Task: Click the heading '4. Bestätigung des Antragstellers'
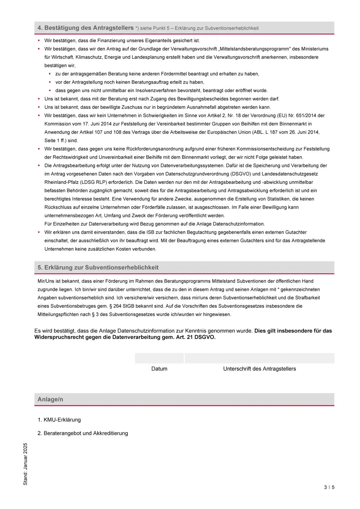[85, 28]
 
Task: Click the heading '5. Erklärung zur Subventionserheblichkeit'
[98, 267]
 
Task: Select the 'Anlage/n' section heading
[50, 399]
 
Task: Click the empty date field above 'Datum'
[159, 358]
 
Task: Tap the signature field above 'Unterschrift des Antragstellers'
[259, 358]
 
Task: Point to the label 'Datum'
[159, 369]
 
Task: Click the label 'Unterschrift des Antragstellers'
[259, 369]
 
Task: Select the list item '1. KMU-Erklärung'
[59, 420]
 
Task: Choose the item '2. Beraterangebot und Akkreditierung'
[83, 433]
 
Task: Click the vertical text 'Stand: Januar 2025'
[25, 464]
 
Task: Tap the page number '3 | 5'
[329, 487]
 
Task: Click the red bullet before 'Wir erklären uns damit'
[39, 232]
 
